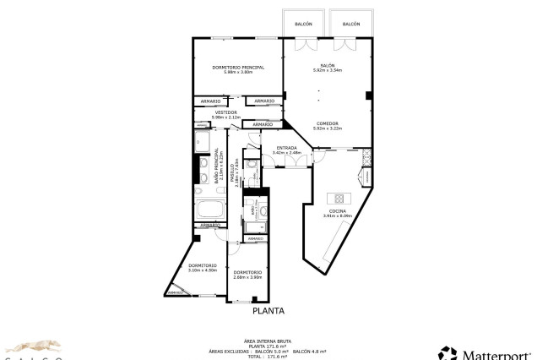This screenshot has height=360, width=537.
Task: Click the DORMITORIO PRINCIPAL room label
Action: [238, 67]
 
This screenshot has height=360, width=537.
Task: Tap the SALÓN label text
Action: [327, 66]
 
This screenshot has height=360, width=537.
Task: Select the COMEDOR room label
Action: [327, 123]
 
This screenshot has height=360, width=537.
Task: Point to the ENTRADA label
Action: [287, 148]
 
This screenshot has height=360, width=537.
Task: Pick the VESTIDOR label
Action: [225, 112]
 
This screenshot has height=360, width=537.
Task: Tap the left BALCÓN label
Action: [304, 25]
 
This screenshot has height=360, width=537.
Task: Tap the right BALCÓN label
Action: [351, 25]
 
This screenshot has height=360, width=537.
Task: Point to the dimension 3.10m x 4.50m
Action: [203, 270]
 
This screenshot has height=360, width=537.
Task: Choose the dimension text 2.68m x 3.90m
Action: [248, 277]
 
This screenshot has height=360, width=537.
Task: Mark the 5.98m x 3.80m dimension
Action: [238, 72]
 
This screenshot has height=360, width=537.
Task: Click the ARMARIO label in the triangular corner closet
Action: [176, 292]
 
